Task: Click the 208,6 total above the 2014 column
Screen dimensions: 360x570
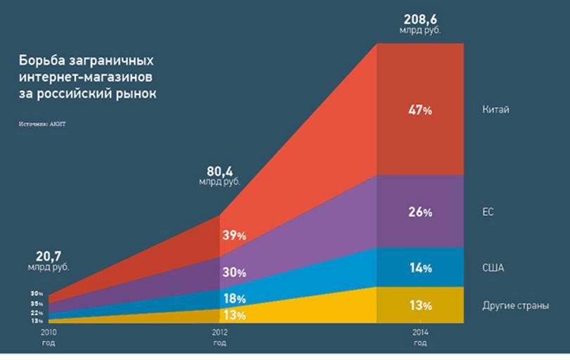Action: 419,18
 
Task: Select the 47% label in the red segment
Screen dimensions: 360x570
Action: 419,110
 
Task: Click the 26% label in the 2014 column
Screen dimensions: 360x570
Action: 419,212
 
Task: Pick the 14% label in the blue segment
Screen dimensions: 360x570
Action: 419,268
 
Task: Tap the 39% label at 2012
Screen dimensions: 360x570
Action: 234,236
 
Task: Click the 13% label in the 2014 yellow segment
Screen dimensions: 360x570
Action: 419,305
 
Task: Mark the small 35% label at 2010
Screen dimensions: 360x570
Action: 37,303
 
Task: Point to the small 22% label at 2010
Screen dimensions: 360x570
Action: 37,312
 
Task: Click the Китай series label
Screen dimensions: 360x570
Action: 495,110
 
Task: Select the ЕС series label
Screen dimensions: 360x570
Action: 488,212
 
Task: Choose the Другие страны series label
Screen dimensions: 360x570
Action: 515,305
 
